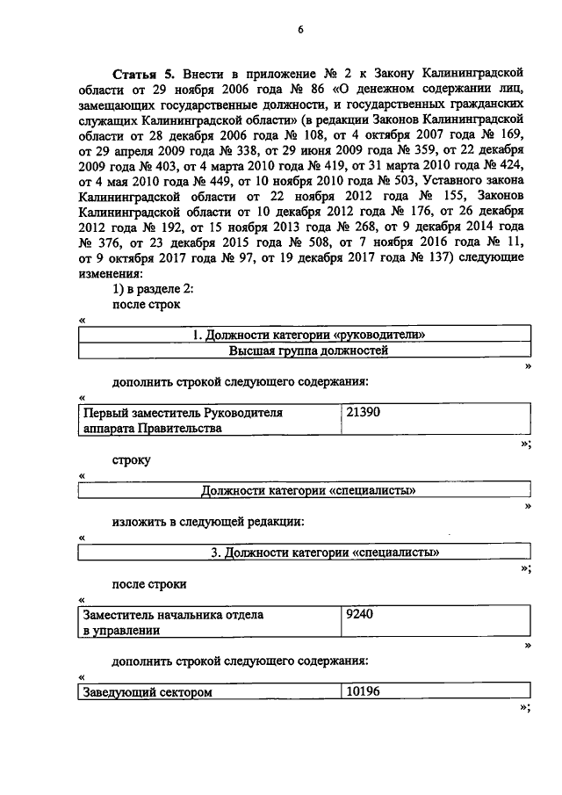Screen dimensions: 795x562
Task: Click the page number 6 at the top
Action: [299, 29]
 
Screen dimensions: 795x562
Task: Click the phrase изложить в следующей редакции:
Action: [208, 521]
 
